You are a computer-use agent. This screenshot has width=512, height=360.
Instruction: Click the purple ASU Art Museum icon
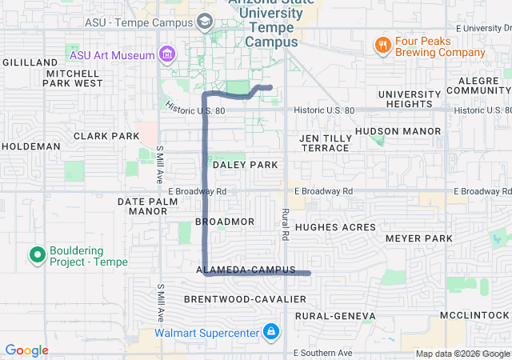[167, 54]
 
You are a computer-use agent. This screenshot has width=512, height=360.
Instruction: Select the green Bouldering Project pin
[37, 255]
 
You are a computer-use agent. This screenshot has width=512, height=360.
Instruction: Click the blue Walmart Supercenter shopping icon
[270, 331]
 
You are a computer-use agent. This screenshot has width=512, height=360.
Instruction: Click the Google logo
[26, 350]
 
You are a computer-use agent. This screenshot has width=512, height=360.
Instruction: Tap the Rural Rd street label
[284, 226]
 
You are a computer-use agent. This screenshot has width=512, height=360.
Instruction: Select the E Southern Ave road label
[322, 353]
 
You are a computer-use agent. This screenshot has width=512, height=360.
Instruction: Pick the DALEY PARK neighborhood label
[245, 165]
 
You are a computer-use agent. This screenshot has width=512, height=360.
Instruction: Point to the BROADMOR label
[225, 222]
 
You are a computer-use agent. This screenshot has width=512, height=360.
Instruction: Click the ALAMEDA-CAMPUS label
[246, 270]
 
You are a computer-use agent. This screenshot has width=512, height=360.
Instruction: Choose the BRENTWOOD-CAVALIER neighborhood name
[245, 299]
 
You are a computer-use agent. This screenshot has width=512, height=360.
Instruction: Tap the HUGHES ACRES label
[330, 228]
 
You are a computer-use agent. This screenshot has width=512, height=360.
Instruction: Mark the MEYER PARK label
[418, 238]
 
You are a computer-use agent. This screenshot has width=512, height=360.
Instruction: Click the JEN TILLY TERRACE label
[324, 143]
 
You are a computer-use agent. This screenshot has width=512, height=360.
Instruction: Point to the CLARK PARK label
[106, 136]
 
